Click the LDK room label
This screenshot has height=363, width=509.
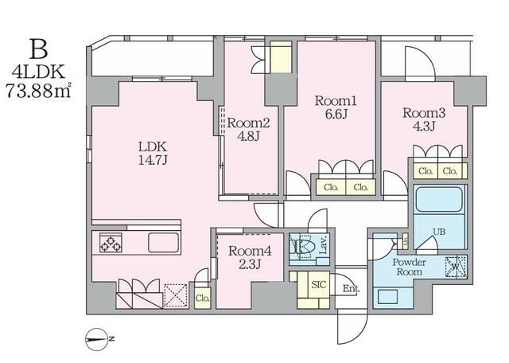(152, 146)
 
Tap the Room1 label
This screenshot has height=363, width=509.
(336, 101)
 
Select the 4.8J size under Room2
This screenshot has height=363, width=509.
(248, 136)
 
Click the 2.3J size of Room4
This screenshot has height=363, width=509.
(249, 264)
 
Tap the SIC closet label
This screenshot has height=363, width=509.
(318, 285)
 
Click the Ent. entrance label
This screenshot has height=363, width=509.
(352, 289)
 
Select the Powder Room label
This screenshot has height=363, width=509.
(410, 267)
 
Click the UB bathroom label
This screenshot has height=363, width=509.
(439, 232)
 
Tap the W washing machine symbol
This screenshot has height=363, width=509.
(456, 267)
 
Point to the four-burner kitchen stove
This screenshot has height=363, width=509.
(111, 243)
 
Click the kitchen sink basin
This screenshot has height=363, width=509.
(164, 243)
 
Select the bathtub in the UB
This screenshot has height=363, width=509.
(439, 200)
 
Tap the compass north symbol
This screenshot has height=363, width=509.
(96, 340)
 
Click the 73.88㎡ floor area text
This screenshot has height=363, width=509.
(39, 90)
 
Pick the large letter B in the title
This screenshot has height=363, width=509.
(39, 49)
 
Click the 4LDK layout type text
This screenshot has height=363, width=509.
(38, 72)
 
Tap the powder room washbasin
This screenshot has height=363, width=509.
(388, 297)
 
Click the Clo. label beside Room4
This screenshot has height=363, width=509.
(203, 298)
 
